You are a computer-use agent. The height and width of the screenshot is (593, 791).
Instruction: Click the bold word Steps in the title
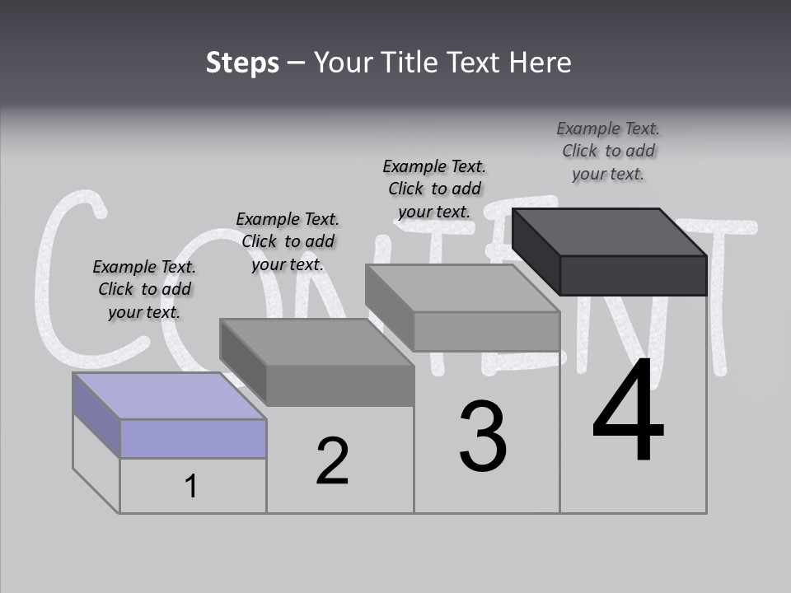242,63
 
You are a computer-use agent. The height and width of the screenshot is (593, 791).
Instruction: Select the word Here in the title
541,63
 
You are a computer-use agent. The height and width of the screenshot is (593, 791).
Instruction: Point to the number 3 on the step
483,437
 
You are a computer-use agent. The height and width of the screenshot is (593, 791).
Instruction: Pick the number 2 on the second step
332,461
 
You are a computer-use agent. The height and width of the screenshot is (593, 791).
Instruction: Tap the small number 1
191,487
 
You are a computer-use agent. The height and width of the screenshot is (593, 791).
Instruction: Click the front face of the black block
633,275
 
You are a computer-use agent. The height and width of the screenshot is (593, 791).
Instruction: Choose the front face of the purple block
193,438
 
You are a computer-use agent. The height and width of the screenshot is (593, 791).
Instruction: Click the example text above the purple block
144,289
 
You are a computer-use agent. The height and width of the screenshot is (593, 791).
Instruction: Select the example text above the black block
608,151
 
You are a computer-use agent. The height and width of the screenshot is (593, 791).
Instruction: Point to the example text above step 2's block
288,241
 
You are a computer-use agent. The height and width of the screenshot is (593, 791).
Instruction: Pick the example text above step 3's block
434,189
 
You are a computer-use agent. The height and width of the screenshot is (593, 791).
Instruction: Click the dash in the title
297,63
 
